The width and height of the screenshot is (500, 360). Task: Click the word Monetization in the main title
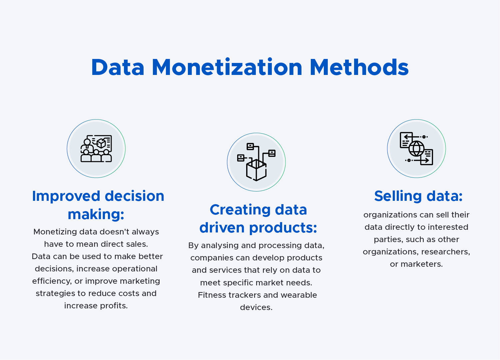pyautogui.click(x=227, y=68)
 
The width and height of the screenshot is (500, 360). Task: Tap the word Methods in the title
pyautogui.click(x=359, y=68)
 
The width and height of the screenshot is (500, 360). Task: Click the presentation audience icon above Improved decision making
pyautogui.click(x=96, y=149)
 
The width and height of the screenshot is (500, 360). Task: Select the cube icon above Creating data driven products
pyautogui.click(x=256, y=162)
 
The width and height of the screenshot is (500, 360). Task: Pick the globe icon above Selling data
pyautogui.click(x=416, y=149)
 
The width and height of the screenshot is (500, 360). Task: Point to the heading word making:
pyautogui.click(x=96, y=214)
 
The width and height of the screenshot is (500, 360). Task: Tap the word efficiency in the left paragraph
pyautogui.click(x=52, y=281)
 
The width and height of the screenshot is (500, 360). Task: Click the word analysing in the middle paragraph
pyautogui.click(x=220, y=245)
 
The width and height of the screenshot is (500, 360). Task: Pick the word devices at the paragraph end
pyautogui.click(x=256, y=307)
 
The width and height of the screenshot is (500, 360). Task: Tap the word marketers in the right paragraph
pyautogui.click(x=421, y=264)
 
